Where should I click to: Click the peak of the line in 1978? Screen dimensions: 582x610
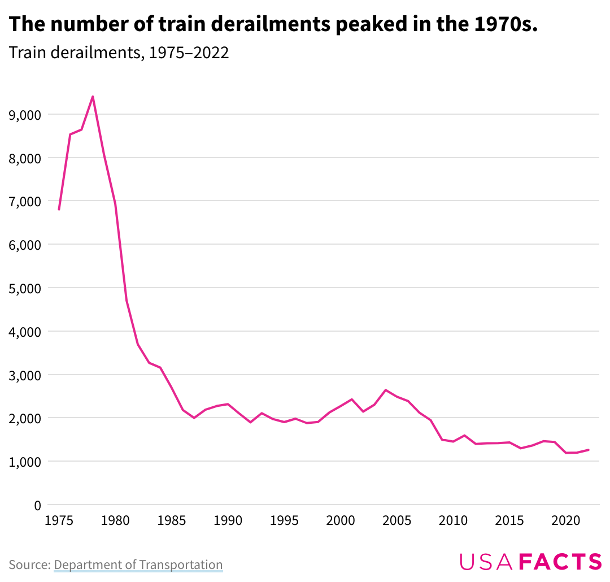(x=93, y=97)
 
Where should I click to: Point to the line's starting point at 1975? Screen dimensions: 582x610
(x=59, y=210)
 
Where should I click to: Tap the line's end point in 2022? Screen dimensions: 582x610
(x=589, y=450)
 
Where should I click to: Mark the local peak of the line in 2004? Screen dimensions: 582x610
(x=386, y=390)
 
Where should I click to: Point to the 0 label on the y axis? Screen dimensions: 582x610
(x=37, y=505)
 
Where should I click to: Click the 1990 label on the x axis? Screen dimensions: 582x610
(x=228, y=520)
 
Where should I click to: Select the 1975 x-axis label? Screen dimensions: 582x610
(x=59, y=520)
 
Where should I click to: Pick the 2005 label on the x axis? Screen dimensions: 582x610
(x=397, y=520)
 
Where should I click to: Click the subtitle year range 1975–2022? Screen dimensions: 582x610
(x=188, y=53)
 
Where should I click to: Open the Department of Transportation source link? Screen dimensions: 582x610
(x=138, y=564)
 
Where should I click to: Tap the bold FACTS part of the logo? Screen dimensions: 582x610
(x=560, y=562)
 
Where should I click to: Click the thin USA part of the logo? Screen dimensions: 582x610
(x=486, y=562)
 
